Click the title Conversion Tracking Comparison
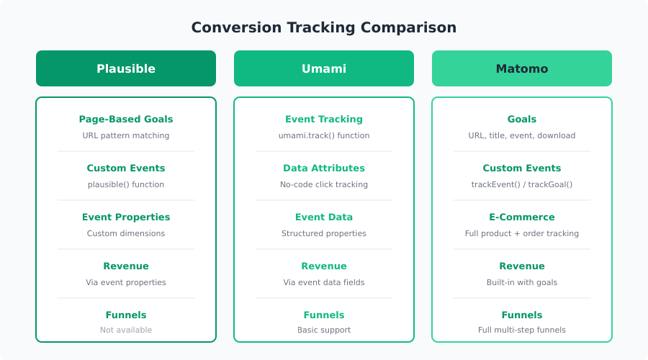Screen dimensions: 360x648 323,27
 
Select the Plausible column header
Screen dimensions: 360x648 126,68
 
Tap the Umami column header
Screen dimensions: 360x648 324,68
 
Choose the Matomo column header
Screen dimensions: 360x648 521,68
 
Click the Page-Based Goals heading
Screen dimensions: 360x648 126,119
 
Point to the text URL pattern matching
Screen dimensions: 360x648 126,135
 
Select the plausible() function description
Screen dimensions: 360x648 126,184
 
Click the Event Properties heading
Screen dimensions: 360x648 126,217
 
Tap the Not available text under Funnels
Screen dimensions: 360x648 126,330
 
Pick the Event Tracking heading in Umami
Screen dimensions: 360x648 324,119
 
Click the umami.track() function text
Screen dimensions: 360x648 324,135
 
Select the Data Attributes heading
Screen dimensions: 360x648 324,168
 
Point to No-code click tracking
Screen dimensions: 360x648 324,184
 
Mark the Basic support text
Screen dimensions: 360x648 324,330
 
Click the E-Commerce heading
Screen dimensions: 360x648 521,217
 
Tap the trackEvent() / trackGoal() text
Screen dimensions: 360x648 521,184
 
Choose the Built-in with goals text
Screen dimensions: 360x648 521,282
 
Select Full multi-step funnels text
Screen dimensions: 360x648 521,330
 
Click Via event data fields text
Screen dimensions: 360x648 324,282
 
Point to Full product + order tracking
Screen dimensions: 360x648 521,233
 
